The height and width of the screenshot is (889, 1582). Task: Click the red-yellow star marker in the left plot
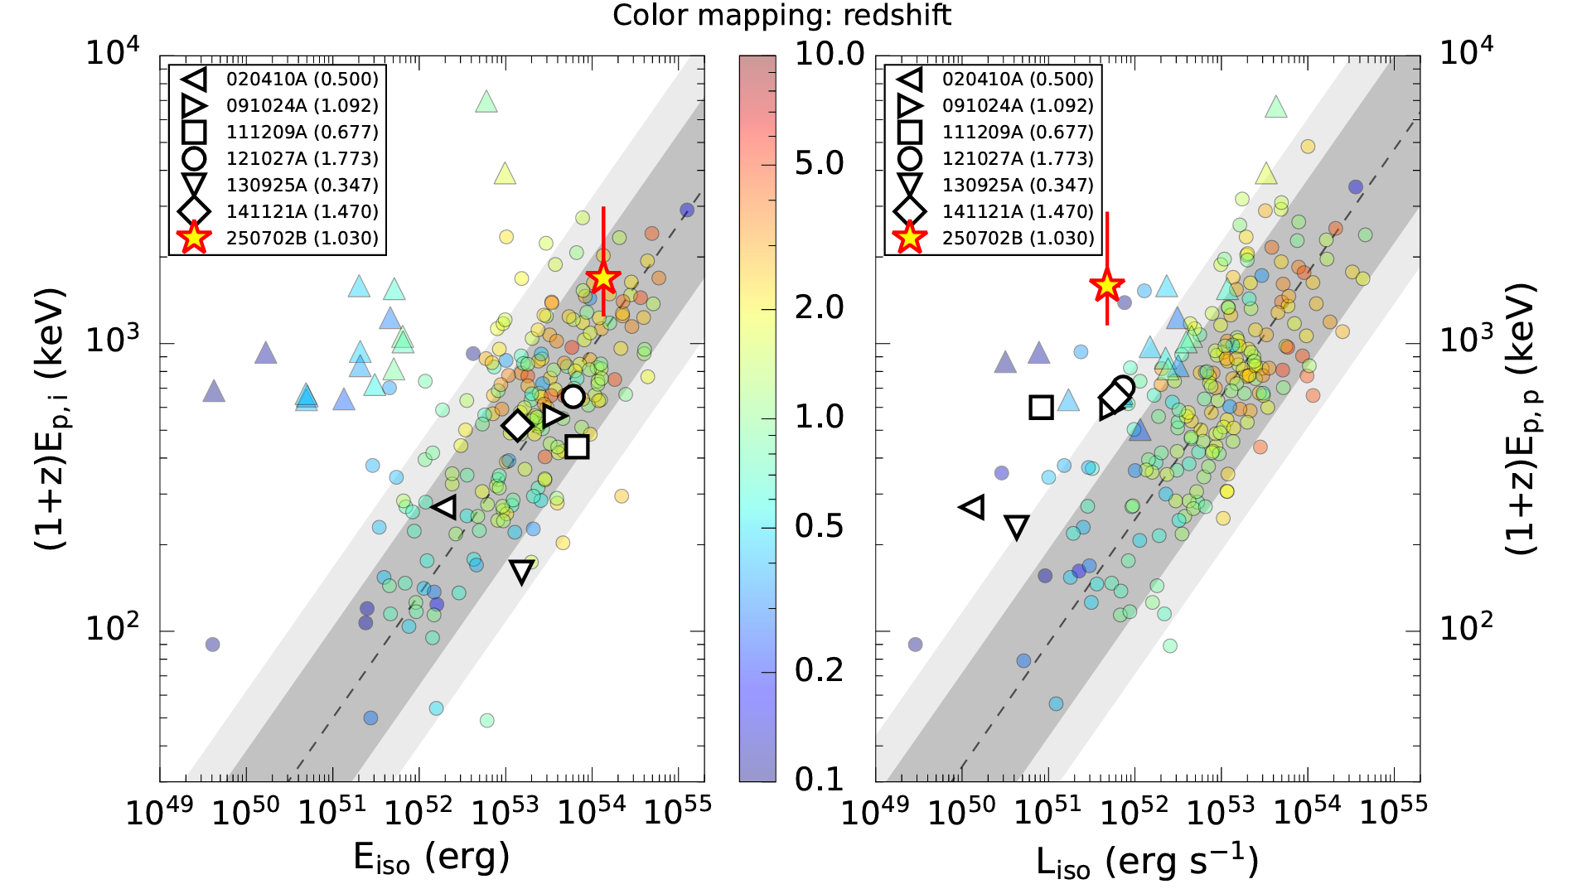(602, 278)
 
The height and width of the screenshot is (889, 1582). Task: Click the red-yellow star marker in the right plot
(1106, 286)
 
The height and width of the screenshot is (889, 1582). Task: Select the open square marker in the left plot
(578, 447)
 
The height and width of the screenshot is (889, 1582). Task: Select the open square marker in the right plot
(1042, 407)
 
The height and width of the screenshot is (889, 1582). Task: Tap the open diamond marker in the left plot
(518, 426)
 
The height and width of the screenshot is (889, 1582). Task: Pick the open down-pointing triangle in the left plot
(521, 572)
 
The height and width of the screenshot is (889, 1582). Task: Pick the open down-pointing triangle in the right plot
(1017, 527)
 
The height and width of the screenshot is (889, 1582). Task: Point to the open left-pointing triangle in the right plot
(973, 507)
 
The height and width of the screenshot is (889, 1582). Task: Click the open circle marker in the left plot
(573, 396)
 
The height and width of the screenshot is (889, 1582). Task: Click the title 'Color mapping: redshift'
(781, 15)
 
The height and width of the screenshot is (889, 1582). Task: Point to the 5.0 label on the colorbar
(819, 164)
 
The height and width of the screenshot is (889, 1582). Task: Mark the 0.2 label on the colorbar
(819, 670)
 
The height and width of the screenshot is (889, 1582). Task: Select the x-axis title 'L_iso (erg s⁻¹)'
(1147, 862)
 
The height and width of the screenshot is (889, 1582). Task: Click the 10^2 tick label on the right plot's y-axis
(1465, 629)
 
